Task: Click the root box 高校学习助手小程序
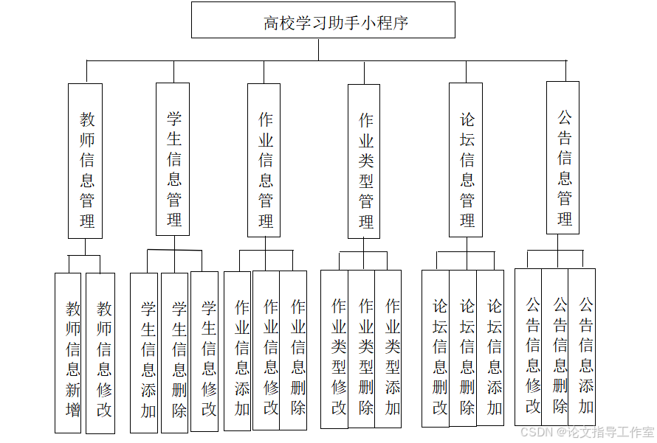pyautogui.click(x=323, y=21)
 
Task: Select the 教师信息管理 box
pyautogui.click(x=86, y=161)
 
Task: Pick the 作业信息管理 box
pyautogui.click(x=264, y=161)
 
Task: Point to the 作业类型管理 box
pyautogui.click(x=364, y=161)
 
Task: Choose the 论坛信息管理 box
pyautogui.click(x=466, y=160)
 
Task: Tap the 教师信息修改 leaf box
pyautogui.click(x=101, y=353)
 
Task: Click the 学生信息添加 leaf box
pyautogui.click(x=145, y=353)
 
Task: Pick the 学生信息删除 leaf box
pyautogui.click(x=175, y=353)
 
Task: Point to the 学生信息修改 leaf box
pyautogui.click(x=204, y=352)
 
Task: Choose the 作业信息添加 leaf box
pyautogui.click(x=238, y=352)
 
